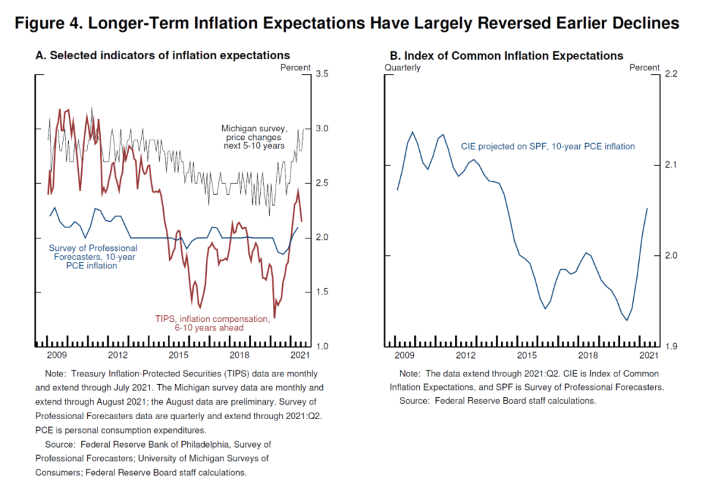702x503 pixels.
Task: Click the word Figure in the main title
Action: point(43,23)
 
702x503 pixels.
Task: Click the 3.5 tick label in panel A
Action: point(322,74)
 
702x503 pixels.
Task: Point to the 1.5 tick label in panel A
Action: point(322,292)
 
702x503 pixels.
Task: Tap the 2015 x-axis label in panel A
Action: point(178,355)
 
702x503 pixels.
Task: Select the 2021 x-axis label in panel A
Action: point(299,355)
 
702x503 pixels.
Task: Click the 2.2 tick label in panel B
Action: point(670,74)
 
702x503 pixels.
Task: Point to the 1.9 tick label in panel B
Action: point(670,346)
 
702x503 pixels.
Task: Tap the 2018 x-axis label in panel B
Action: point(588,355)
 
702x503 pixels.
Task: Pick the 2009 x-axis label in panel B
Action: point(405,355)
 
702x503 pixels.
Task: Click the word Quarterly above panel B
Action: point(402,68)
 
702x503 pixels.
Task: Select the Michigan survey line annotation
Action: point(253,137)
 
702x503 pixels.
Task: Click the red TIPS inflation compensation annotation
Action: point(212,323)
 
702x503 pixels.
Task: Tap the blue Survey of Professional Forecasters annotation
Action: point(94,257)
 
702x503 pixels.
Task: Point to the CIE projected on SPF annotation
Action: point(547,146)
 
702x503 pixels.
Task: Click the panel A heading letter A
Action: point(40,56)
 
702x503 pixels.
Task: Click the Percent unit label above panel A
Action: point(295,68)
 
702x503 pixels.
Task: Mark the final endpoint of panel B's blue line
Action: point(647,208)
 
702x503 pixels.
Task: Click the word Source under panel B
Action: point(414,401)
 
